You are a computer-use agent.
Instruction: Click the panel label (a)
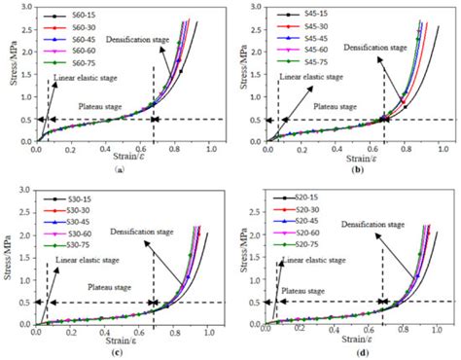tap(118, 169)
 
